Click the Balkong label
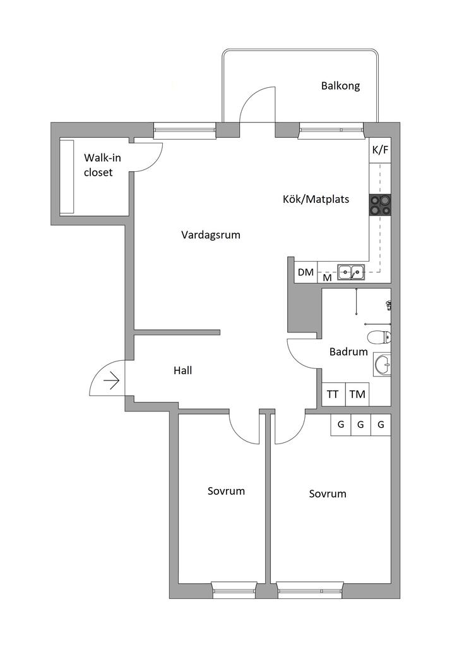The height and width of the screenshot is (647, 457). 340,86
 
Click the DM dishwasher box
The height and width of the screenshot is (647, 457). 306,273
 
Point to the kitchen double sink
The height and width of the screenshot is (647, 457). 350,272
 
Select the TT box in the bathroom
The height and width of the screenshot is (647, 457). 333,394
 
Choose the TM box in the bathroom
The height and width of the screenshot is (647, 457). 357,394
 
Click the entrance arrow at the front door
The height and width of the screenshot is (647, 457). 112,380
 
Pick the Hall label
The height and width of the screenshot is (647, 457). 183,371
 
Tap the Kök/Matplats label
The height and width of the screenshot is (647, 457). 316,199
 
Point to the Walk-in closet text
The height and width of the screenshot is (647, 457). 98,165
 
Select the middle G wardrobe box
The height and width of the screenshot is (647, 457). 360,425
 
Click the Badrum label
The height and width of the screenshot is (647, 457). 348,352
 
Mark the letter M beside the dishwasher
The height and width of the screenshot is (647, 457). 327,277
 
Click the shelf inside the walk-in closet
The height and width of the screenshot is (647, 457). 67,176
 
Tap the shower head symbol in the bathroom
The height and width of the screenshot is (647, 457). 389,305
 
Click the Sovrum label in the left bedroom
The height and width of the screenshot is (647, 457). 226,491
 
